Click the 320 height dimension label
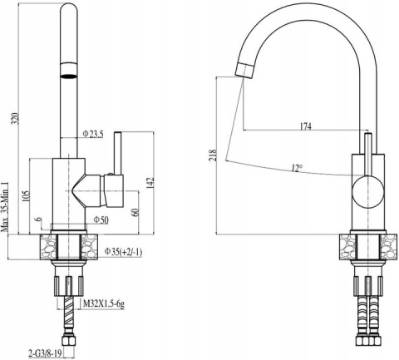pos(17,119)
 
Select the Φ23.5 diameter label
pos(93,135)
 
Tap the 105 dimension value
pos(26,196)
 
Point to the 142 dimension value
pos(150,183)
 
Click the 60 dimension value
pos(135,212)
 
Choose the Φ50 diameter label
pos(101,220)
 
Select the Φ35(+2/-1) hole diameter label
pos(123,252)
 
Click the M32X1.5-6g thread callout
pos(104,304)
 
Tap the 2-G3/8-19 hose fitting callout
pos(45,353)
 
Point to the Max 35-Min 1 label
pos(5,207)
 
